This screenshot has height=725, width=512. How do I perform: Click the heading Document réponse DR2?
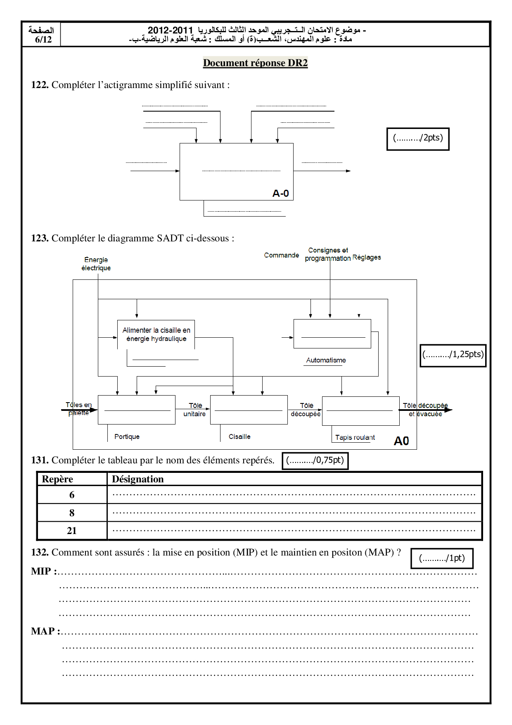(255, 63)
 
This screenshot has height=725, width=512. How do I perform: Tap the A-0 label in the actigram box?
(280, 193)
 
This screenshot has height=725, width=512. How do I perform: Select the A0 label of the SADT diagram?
(401, 441)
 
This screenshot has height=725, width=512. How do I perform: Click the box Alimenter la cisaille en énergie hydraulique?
(156, 334)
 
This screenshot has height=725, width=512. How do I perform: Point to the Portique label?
(127, 436)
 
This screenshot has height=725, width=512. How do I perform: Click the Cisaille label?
(239, 436)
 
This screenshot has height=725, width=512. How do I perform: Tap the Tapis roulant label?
(355, 437)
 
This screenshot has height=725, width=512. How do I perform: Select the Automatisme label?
(326, 360)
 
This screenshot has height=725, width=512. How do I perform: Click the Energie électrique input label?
(96, 264)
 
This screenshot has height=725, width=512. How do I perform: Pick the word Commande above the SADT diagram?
(281, 255)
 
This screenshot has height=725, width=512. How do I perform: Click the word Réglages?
(367, 257)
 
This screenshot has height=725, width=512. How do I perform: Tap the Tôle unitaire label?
(194, 410)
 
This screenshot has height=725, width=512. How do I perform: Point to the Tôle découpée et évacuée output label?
(425, 410)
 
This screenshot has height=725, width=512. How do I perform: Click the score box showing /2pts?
(417, 138)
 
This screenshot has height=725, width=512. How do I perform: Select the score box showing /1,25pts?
(453, 355)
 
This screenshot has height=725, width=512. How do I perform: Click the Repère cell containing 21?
(72, 531)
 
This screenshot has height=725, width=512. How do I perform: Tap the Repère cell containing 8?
(72, 513)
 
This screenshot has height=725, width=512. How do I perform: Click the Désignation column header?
(138, 479)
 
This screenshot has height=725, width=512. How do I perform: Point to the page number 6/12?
(43, 40)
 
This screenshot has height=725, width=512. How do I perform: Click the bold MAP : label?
(45, 631)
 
